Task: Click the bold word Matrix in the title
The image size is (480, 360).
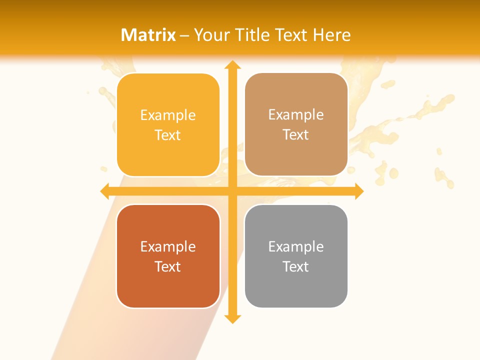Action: (148, 35)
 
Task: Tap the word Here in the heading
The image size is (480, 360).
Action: (332, 35)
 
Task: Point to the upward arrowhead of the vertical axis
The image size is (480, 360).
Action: (232, 65)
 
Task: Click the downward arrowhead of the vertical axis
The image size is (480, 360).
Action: (232, 318)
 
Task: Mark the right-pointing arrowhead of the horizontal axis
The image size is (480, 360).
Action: (358, 191)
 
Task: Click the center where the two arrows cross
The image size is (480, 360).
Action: (232, 191)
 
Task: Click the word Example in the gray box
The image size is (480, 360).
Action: (296, 246)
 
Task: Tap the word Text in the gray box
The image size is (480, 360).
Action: (296, 266)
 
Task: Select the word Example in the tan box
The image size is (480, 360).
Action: (296, 115)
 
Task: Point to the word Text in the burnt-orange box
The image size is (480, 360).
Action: (168, 266)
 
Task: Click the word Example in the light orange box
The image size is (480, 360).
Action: (168, 115)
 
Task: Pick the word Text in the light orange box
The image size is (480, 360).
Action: (168, 135)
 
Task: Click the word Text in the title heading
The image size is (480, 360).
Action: (291, 35)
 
